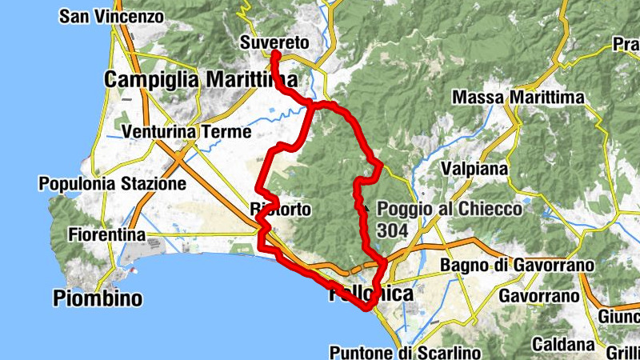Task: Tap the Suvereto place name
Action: coord(274,41)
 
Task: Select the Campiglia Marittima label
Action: coord(201,80)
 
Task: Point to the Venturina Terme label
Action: coord(187,131)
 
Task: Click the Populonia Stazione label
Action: coord(112,184)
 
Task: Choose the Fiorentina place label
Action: coord(106,235)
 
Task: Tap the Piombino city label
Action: coord(98,299)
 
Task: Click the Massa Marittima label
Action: coord(518,98)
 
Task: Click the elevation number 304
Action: coord(392,230)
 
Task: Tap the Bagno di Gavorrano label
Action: coord(518,266)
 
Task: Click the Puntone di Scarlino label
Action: coord(405,352)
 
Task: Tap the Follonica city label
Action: coord(371,294)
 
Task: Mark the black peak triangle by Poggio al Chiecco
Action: coord(366,207)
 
